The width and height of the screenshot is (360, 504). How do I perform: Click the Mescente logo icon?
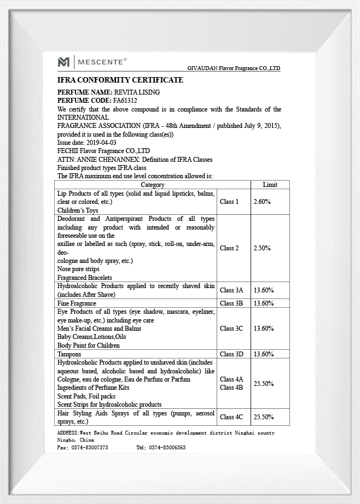[x=64, y=62]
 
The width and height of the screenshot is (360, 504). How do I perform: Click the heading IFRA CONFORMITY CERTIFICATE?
[x=120, y=80]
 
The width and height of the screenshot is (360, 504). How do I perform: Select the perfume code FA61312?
[x=125, y=101]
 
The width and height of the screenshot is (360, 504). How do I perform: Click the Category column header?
[x=153, y=185]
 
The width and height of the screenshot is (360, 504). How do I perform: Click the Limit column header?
[x=270, y=185]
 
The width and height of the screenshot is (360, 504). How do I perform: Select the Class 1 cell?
[x=229, y=202]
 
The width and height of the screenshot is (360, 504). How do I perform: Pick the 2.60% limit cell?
[x=262, y=202]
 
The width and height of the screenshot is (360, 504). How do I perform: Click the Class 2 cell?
[x=229, y=248]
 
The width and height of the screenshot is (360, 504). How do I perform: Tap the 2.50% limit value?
[x=262, y=248]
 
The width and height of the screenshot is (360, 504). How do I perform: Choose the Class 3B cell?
[x=231, y=303]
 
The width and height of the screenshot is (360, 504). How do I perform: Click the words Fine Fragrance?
[x=77, y=303]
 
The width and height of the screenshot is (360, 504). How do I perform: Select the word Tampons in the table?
[x=69, y=354]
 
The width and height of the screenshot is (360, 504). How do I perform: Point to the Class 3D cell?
[x=231, y=354]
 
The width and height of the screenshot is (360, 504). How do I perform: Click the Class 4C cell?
[x=231, y=417]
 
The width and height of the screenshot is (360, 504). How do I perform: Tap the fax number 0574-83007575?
[x=90, y=447]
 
